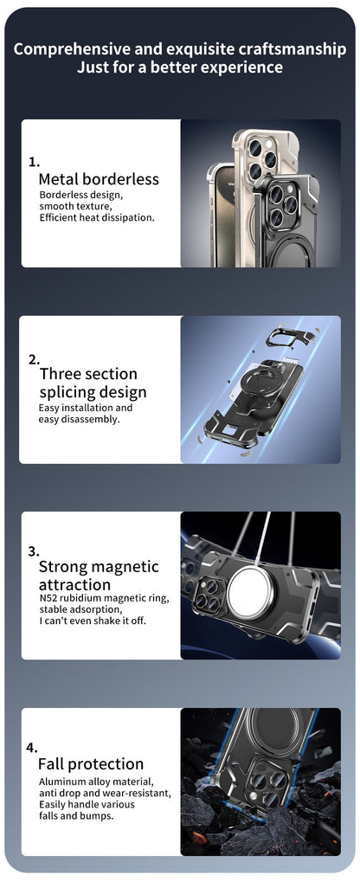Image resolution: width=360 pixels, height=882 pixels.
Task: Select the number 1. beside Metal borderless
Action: click(34, 161)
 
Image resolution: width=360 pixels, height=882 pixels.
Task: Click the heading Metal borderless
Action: click(99, 179)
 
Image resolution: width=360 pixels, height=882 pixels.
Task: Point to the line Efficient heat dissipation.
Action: click(97, 217)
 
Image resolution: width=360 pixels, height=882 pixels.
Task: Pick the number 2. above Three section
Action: click(34, 357)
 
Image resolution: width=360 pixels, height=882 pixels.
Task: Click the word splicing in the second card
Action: click(67, 392)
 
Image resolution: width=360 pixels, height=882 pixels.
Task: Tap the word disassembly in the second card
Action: click(90, 419)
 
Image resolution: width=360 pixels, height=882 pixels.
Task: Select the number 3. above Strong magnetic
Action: click(34, 550)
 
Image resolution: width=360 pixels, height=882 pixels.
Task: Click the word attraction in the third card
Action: click(74, 585)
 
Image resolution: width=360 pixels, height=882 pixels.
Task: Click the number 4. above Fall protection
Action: click(32, 747)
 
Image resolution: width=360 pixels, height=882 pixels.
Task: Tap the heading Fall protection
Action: click(91, 764)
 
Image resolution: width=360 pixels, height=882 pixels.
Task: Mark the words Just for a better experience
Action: click(180, 68)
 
